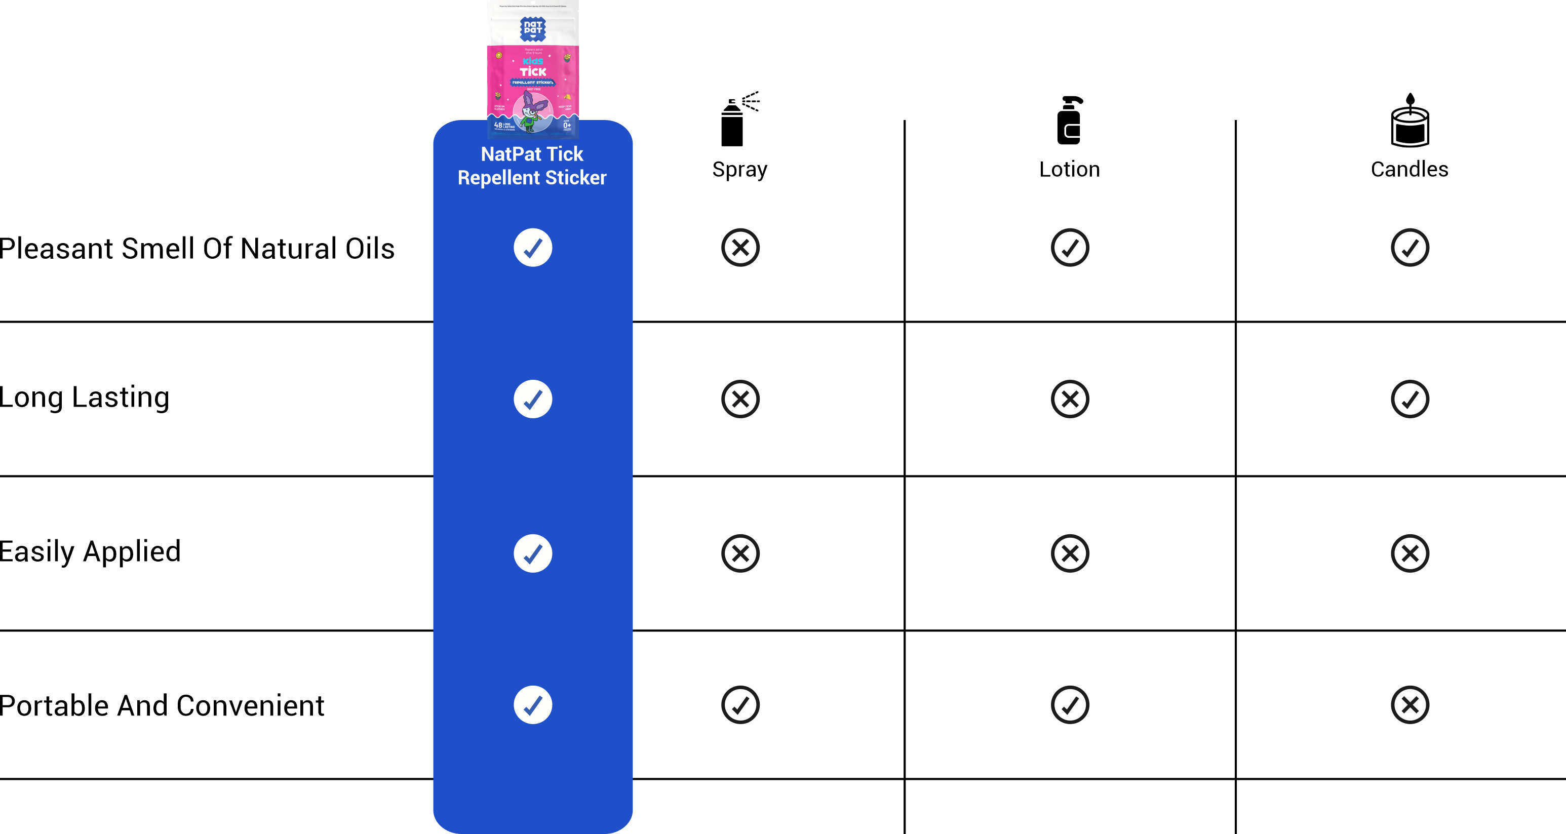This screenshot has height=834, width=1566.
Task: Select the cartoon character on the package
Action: click(531, 113)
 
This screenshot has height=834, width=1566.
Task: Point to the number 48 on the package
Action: click(498, 125)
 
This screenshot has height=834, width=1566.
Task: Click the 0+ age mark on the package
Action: click(567, 126)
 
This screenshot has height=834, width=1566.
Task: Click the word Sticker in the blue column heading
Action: click(576, 178)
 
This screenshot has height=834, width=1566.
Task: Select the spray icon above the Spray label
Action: click(740, 106)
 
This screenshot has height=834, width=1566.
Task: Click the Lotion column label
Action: click(1069, 166)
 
